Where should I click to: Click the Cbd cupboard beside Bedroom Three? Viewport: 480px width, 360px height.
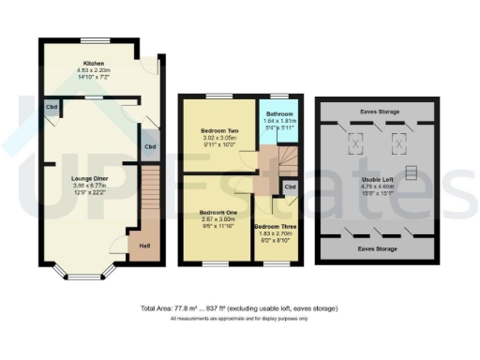[x=291, y=186]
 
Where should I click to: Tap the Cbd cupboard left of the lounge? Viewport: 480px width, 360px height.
[x=50, y=106]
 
